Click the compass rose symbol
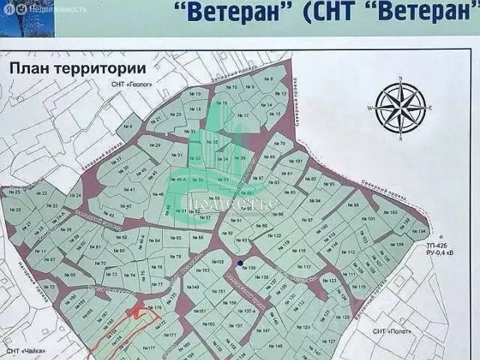click(x=400, y=108)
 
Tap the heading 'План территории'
click(x=77, y=68)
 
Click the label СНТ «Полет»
click(x=392, y=331)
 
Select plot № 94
click(x=317, y=201)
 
